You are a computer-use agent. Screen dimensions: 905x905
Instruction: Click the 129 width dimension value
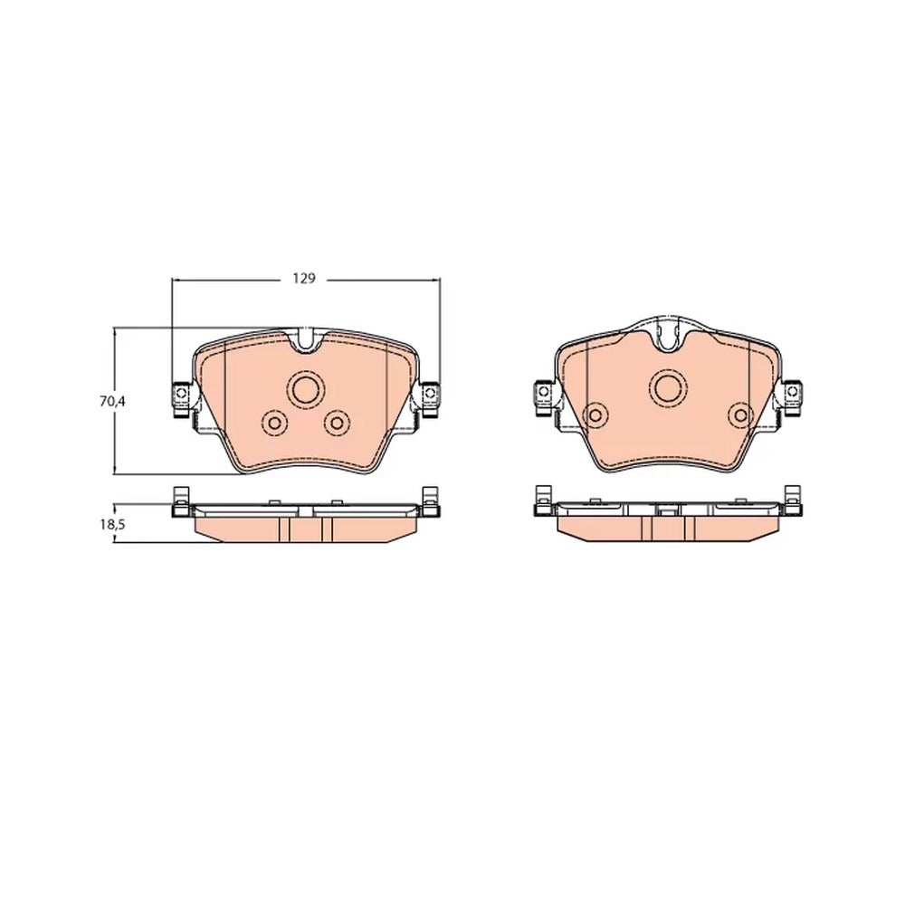click(304, 279)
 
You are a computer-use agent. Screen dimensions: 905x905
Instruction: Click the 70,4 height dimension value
click(112, 402)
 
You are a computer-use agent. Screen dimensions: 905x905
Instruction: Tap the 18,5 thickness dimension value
click(112, 524)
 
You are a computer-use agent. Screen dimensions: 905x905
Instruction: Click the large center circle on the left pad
click(305, 389)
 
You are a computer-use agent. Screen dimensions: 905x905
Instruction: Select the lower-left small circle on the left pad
click(274, 423)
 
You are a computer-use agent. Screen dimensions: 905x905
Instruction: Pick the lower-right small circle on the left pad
click(337, 423)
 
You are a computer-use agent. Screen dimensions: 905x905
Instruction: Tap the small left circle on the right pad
click(595, 414)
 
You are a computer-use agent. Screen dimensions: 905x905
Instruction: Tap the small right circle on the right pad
click(741, 414)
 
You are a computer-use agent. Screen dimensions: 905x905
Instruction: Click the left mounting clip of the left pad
click(181, 399)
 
